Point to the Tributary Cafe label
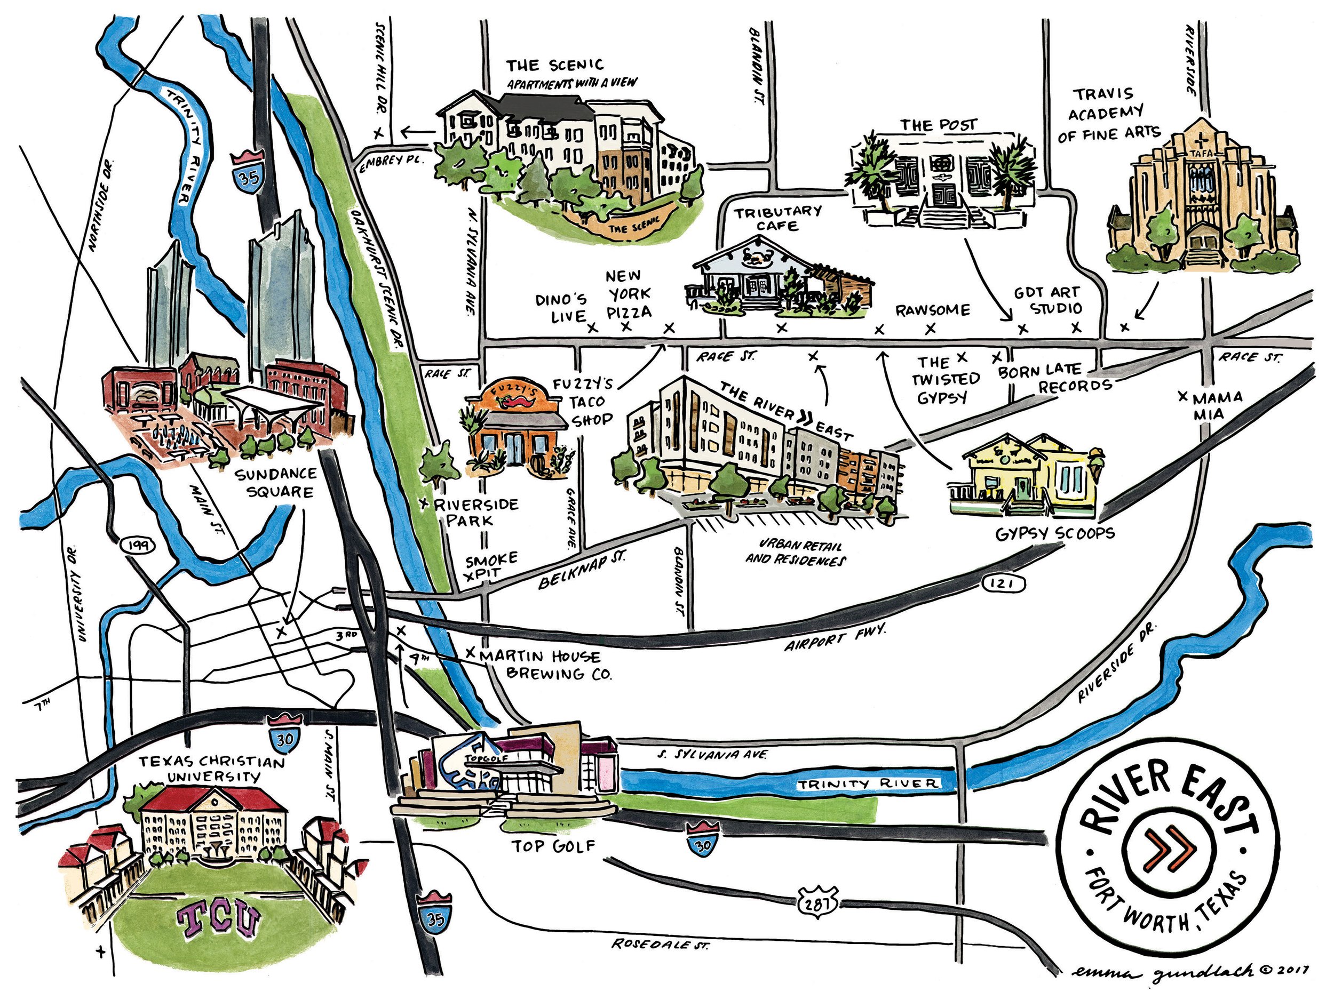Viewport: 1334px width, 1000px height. point(777,218)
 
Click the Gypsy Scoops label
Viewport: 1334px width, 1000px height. point(1055,533)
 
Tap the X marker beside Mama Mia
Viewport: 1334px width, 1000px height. point(1183,397)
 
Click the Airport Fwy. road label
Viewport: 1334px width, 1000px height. point(836,638)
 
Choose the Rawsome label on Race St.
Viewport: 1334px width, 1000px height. point(933,310)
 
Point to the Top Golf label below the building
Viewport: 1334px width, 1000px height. point(554,846)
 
